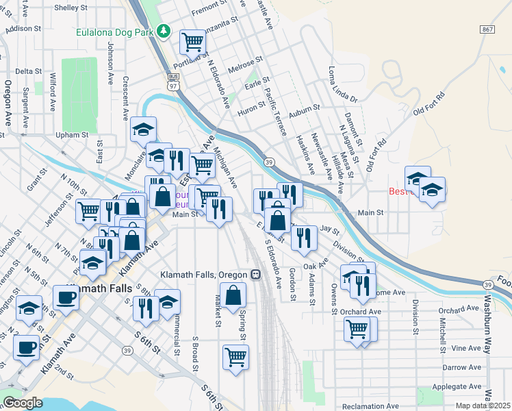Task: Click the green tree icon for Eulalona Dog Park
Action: tap(163, 31)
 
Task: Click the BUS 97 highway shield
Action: tap(173, 82)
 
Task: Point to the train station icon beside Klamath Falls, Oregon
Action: tap(255, 275)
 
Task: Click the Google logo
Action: tap(23, 403)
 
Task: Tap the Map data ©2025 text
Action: tap(483, 406)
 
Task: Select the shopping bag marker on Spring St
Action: tap(233, 295)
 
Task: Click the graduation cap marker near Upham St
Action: tap(144, 129)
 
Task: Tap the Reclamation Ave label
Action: tap(370, 407)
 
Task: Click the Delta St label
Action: tap(29, 71)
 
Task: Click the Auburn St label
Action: tap(305, 109)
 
